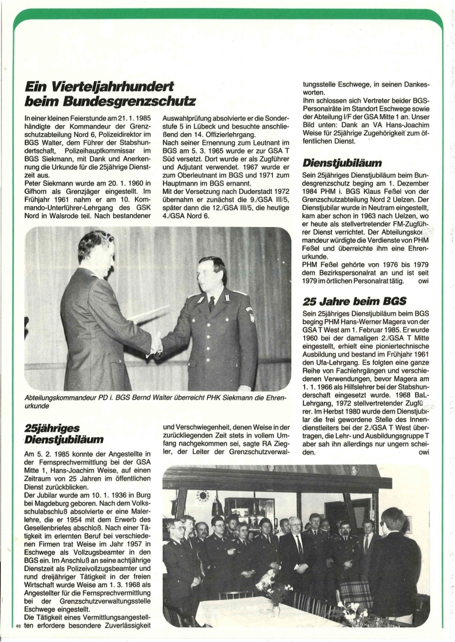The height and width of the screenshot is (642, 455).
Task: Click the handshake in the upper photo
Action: (x=155, y=344)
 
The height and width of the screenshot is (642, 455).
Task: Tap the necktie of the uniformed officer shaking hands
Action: (x=211, y=303)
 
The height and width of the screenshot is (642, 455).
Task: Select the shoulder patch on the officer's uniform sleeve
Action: (x=251, y=315)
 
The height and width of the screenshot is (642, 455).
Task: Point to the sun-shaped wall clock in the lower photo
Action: (x=203, y=496)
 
